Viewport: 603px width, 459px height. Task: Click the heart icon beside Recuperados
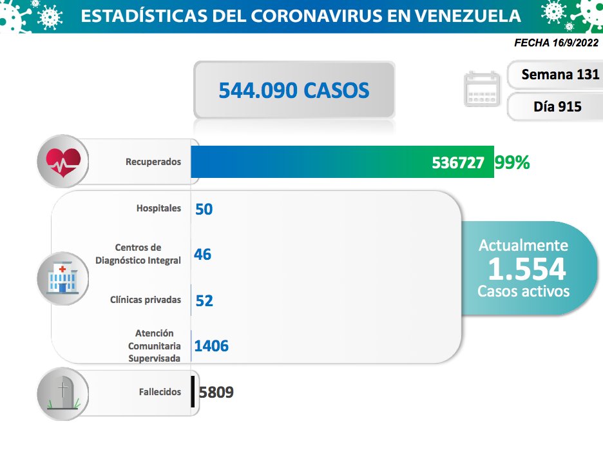tap(63, 162)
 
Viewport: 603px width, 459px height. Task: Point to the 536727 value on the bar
tap(458, 163)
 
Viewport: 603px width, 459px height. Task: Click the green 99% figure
tap(512, 163)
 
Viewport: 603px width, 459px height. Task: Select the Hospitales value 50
tap(204, 209)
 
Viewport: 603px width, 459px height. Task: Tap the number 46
tap(202, 254)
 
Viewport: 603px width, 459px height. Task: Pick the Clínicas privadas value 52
tap(204, 300)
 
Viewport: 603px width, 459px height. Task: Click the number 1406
tap(211, 346)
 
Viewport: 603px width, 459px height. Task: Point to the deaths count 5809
tap(216, 392)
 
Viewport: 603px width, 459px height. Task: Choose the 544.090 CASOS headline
tap(294, 90)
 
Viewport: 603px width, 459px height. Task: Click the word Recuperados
tap(153, 162)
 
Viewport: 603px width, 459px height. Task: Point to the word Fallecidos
tap(160, 392)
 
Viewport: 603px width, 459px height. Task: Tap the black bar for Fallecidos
tap(193, 391)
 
